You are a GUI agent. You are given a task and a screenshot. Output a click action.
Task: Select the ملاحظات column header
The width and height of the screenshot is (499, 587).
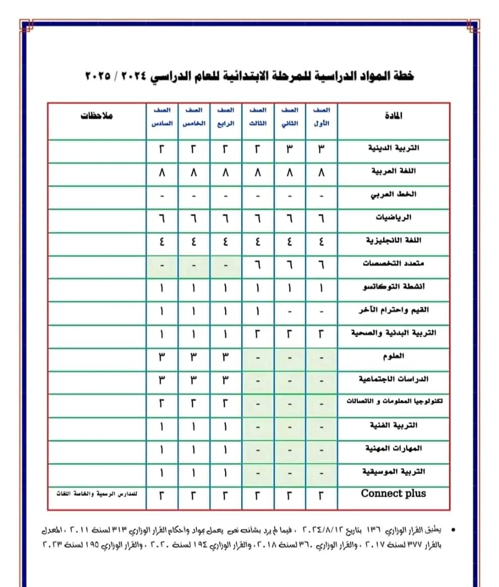pos(97,115)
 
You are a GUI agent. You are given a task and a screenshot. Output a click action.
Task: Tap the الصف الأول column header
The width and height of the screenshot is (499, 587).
pos(321,116)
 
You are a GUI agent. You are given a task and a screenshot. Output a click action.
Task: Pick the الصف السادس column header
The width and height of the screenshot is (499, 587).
pos(162,116)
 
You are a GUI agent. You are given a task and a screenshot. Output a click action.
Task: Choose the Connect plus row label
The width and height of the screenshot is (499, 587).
pos(394,494)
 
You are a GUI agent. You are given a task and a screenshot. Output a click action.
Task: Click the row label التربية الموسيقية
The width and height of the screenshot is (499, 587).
pos(394,472)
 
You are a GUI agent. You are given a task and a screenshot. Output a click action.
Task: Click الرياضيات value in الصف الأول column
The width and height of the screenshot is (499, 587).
pos(321,218)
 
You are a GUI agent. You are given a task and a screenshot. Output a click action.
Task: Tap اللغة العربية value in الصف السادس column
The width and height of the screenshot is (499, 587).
pos(162,172)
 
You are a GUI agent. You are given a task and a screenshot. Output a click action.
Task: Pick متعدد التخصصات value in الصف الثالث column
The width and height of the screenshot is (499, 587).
pos(258,264)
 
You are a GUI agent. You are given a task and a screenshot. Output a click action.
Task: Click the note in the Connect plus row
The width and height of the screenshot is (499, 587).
pos(97,494)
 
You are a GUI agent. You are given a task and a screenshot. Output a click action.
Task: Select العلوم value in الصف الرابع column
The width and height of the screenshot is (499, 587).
pos(226,356)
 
